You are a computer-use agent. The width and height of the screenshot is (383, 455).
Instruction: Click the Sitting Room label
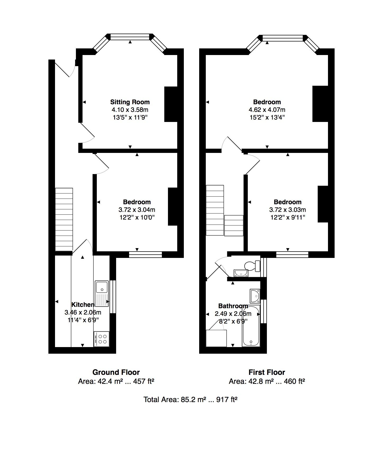130,102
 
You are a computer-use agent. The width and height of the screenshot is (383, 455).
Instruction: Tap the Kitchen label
83,304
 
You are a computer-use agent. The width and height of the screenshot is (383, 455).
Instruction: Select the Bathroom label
233,306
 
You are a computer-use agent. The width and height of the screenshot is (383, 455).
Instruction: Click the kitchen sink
102,293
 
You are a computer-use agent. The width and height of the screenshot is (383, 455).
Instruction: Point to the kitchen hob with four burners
101,339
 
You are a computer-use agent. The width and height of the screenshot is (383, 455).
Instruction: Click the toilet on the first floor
252,266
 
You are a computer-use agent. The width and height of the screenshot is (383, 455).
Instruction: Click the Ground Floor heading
116,372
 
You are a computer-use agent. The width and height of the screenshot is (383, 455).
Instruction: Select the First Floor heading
267,372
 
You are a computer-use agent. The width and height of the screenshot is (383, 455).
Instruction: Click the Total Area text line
190,399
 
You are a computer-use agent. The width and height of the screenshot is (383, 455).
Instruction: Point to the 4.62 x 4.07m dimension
267,110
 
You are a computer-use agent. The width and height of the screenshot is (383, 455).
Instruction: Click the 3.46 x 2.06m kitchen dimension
83,312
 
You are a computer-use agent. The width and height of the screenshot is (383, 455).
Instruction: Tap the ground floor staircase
64,219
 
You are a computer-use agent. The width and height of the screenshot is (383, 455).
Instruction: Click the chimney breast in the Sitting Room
171,104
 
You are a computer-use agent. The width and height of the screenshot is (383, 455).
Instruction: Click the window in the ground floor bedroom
145,254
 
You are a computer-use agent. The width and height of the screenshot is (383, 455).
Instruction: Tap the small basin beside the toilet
241,273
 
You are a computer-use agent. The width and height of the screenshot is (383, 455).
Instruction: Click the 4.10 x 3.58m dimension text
130,110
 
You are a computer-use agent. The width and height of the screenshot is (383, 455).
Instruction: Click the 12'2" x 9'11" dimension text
288,217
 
